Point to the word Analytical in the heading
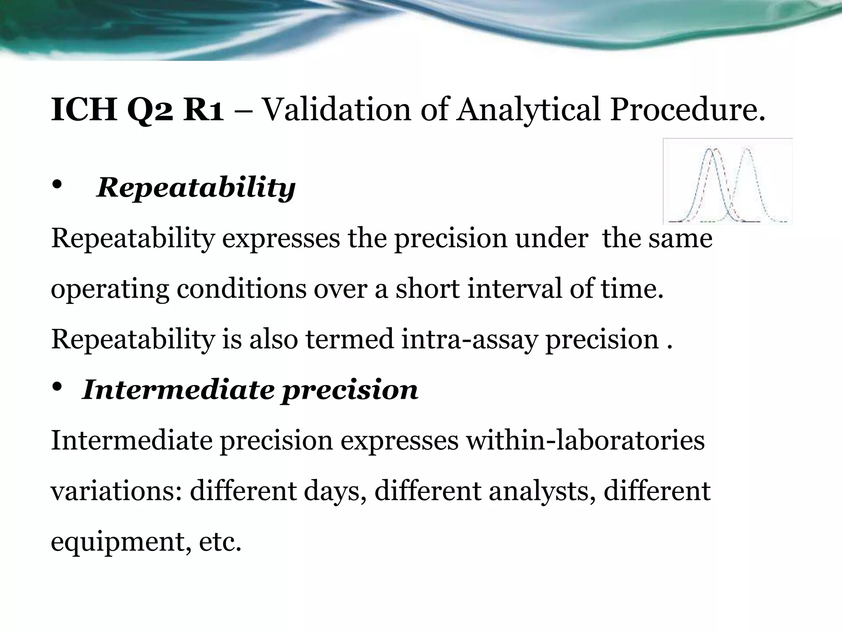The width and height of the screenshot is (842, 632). point(528,110)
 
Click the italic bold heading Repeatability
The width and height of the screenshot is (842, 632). point(196,187)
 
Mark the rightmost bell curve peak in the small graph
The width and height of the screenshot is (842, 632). point(748,150)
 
